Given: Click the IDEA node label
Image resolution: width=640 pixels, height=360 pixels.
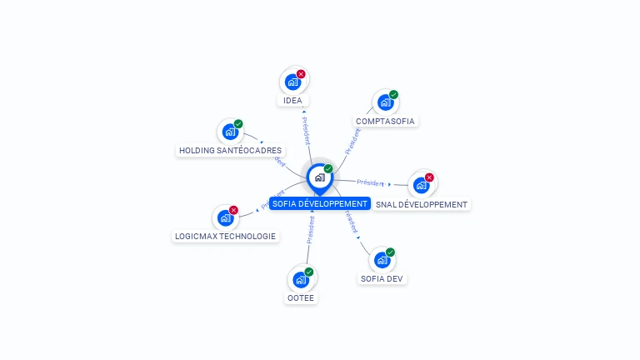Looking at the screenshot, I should [292, 101].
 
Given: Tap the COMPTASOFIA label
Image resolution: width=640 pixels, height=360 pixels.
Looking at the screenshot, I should [385, 121].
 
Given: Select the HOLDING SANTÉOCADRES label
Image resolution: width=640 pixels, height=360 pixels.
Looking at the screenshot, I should [231, 151].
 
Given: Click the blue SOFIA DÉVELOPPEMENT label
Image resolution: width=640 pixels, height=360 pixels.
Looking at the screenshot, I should [319, 203].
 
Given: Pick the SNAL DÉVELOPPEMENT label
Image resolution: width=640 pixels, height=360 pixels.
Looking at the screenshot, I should [422, 204].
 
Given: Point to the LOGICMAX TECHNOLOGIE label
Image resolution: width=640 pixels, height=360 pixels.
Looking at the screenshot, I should [225, 236].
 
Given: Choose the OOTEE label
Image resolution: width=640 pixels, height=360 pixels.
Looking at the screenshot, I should [302, 297].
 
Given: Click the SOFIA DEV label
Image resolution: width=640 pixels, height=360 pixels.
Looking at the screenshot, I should [382, 278].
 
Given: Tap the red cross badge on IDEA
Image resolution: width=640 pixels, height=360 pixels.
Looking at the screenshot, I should [301, 74].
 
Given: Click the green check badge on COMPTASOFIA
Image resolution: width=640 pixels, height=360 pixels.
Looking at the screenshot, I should [393, 95].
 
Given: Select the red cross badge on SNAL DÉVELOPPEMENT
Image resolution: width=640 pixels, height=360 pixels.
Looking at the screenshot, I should [429, 177].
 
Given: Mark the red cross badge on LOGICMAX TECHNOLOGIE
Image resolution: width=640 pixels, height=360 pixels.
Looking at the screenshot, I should [233, 210].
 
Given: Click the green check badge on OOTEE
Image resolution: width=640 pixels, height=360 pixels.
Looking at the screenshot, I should [309, 272].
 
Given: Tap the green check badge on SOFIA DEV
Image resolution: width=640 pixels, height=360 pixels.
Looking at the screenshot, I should [390, 252].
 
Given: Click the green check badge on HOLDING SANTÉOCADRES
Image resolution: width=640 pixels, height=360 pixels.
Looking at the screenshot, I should [238, 124].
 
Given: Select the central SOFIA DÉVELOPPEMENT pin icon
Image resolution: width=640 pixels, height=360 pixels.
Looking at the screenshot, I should [319, 177].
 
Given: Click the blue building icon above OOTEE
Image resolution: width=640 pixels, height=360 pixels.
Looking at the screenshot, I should [300, 280].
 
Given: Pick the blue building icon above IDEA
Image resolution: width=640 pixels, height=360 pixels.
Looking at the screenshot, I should [292, 82].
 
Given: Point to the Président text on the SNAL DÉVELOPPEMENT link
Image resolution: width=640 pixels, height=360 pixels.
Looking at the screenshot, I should [370, 182].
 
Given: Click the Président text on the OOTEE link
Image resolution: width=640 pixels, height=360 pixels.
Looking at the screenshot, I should [311, 232].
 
